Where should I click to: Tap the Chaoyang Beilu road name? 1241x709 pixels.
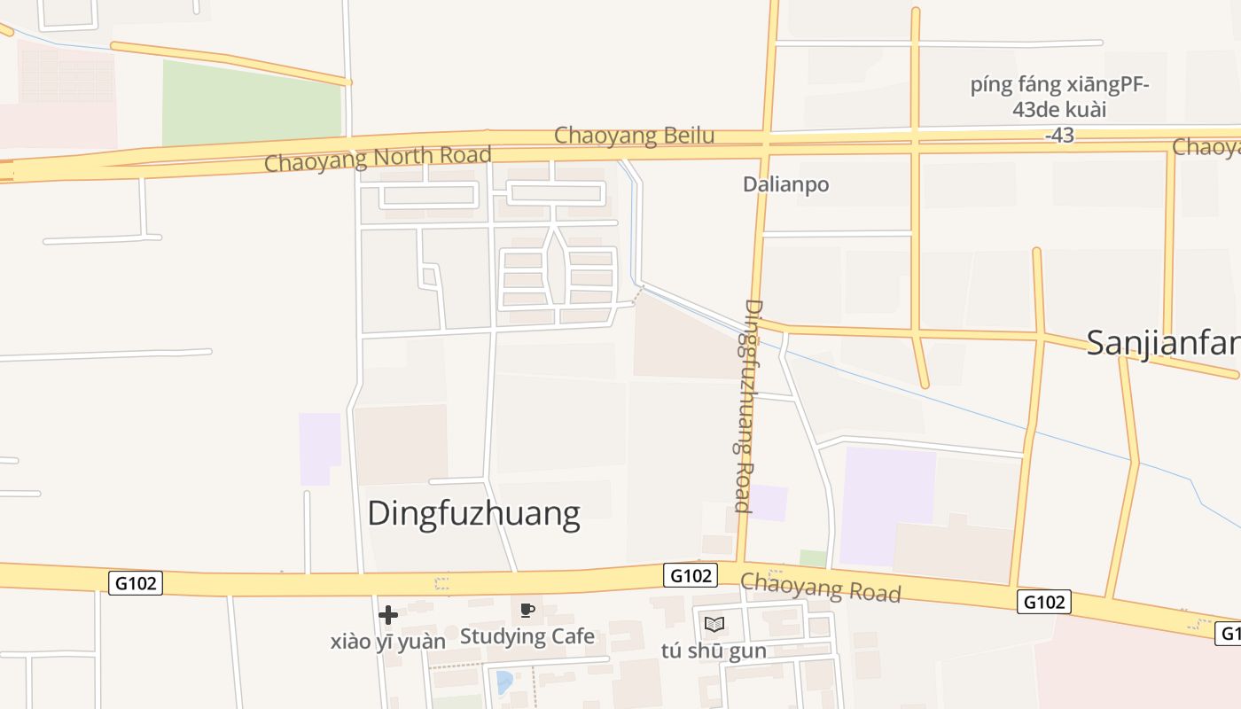coord(634,136)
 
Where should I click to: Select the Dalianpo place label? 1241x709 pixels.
coord(786,184)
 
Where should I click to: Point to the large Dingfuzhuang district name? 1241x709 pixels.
coord(473,513)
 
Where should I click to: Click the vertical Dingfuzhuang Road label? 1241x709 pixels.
coord(749,407)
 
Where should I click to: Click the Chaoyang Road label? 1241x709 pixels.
coord(820,588)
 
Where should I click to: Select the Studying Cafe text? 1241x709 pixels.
coord(527,635)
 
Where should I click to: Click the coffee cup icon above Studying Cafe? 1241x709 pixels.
coord(527,610)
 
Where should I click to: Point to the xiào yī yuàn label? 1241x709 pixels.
coord(387,641)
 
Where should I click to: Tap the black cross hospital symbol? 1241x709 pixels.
coord(387,614)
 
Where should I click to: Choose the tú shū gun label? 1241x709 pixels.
coord(713,651)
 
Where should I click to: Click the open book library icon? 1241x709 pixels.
coord(714,624)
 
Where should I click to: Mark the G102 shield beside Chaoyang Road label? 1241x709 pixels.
coord(691,575)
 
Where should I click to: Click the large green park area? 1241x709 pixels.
coord(251,103)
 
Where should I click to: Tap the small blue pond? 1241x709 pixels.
coord(503,682)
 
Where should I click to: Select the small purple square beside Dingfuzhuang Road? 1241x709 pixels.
coord(768,503)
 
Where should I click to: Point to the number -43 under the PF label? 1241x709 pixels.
coord(1059,136)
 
